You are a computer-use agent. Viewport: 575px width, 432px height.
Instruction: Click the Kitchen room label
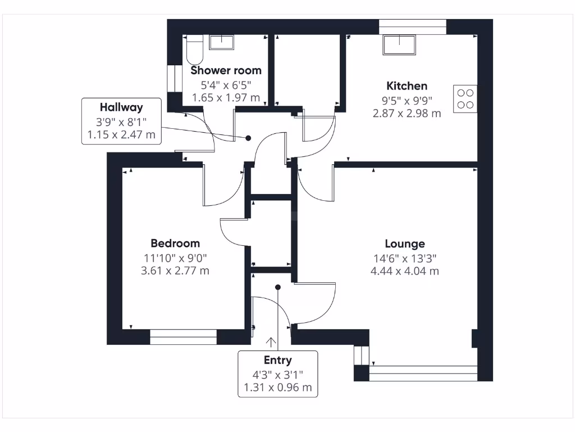point(407,86)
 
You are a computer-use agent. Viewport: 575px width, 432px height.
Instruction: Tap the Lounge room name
point(404,244)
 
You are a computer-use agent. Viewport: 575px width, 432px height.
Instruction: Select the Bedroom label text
point(175,243)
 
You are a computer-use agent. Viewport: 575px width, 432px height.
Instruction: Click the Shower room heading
point(226,70)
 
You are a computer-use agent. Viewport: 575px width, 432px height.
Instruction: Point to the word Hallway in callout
point(121,107)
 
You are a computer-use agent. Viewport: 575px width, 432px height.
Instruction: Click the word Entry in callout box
point(277,360)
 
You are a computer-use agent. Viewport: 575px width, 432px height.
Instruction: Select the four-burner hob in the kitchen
point(465,99)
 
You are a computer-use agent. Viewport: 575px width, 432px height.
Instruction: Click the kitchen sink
point(399,44)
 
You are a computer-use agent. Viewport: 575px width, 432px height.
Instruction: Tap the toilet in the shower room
point(194,49)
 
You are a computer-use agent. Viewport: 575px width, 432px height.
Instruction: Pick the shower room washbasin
point(223,42)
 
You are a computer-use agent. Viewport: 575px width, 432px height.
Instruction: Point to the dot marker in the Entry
point(277,287)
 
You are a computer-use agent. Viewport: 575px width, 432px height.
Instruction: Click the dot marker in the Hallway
point(248,138)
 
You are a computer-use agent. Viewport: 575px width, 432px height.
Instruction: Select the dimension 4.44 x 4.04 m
point(404,271)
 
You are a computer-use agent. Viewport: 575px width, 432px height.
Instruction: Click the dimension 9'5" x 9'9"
point(407,100)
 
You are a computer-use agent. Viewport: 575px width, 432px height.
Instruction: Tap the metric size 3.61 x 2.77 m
point(175,271)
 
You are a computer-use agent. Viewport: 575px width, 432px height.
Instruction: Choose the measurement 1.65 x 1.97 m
point(226,98)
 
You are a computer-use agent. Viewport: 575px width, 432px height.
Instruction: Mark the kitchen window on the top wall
point(412,26)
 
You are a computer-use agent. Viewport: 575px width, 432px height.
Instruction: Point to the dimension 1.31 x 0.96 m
point(277,388)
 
